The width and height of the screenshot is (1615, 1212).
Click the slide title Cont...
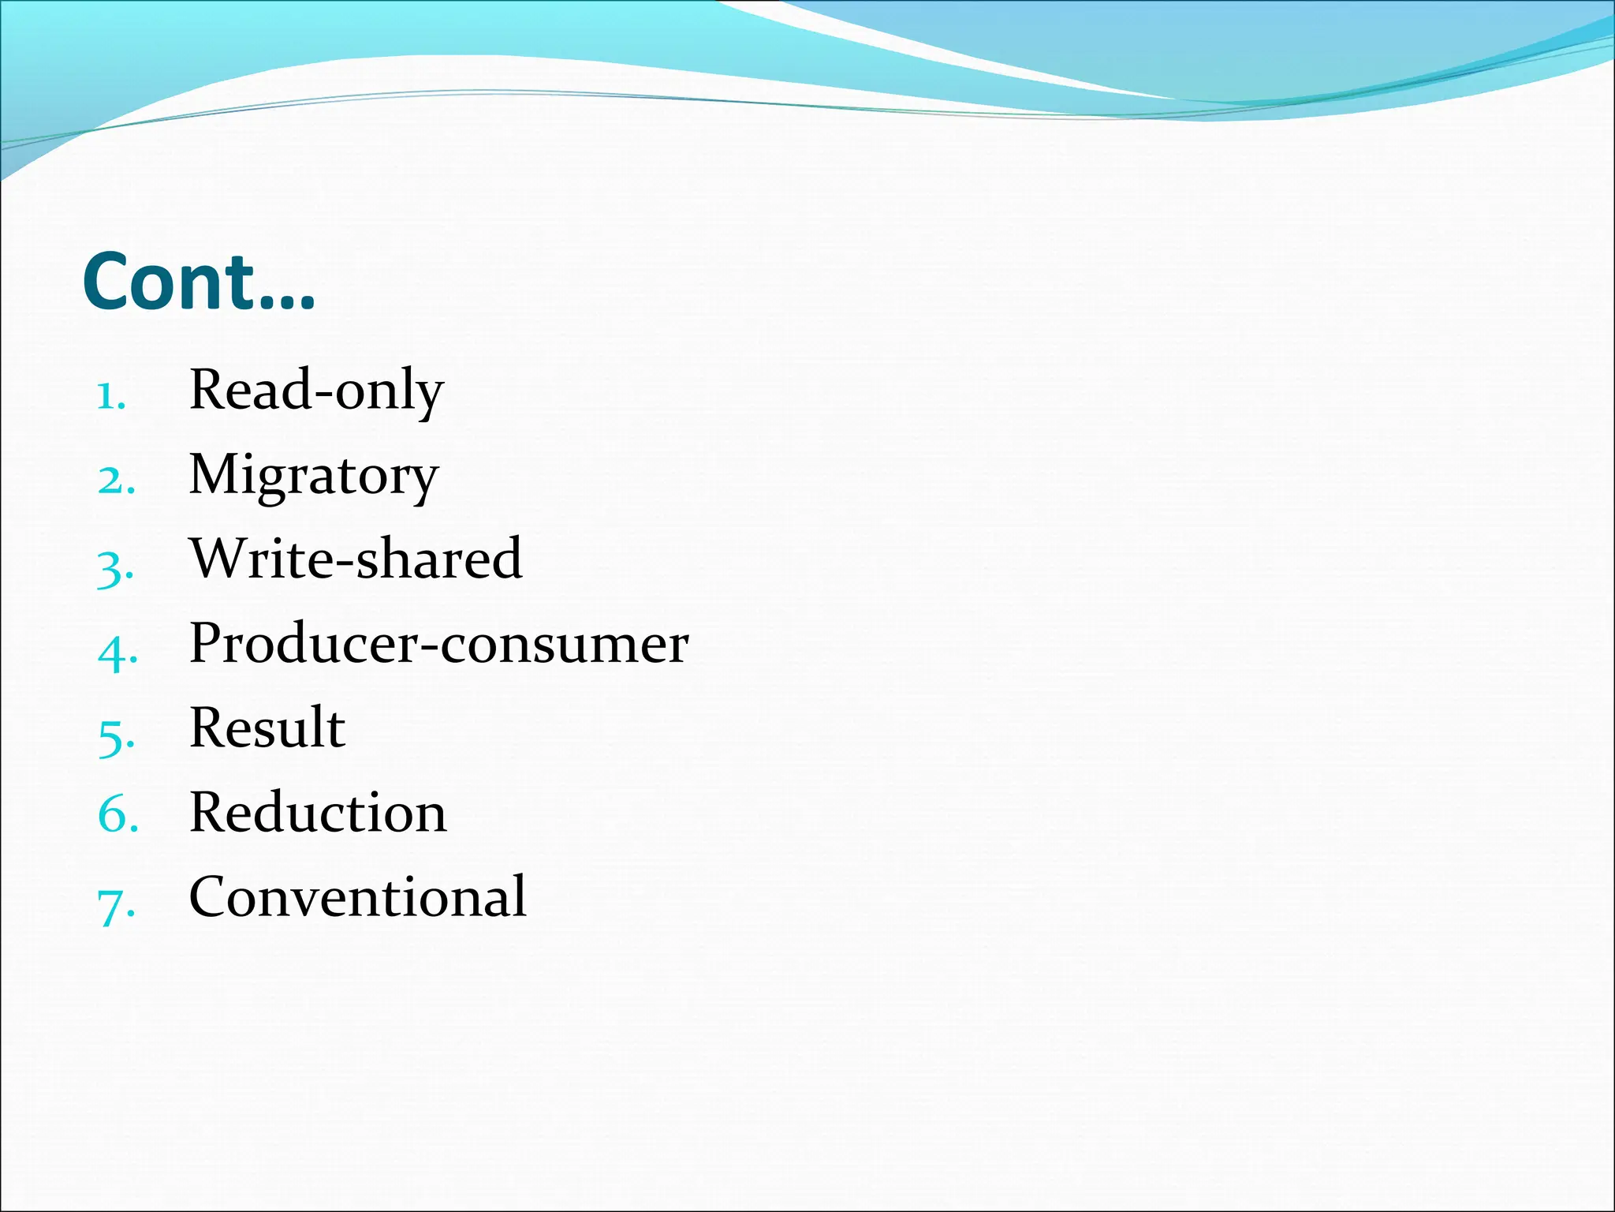(198, 282)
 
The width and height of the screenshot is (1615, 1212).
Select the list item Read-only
(316, 390)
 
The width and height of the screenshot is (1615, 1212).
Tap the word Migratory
(313, 476)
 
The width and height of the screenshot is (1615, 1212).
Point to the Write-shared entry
(356, 559)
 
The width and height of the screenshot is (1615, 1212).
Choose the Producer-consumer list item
(438, 644)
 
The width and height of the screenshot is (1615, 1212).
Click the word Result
(267, 728)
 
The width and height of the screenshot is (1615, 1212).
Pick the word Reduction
(318, 813)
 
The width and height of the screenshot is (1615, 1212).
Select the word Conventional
(357, 896)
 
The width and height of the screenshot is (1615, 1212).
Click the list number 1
(110, 395)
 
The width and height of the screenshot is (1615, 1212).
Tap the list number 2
(114, 480)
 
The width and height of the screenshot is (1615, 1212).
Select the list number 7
(115, 905)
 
